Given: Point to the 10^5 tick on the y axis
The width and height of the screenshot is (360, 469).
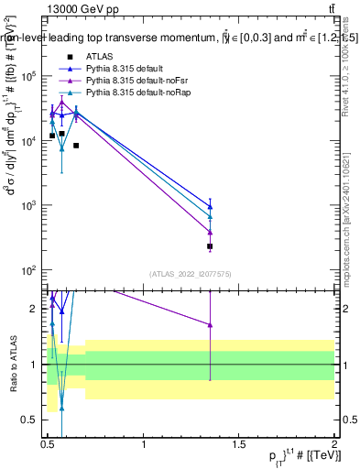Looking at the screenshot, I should tap(33, 77).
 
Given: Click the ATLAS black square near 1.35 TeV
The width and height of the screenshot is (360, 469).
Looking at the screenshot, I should tap(211, 246).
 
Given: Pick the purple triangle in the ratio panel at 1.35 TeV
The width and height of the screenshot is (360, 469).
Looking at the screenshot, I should tap(211, 325).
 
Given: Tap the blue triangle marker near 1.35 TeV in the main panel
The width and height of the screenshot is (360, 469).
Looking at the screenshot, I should tap(211, 206).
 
